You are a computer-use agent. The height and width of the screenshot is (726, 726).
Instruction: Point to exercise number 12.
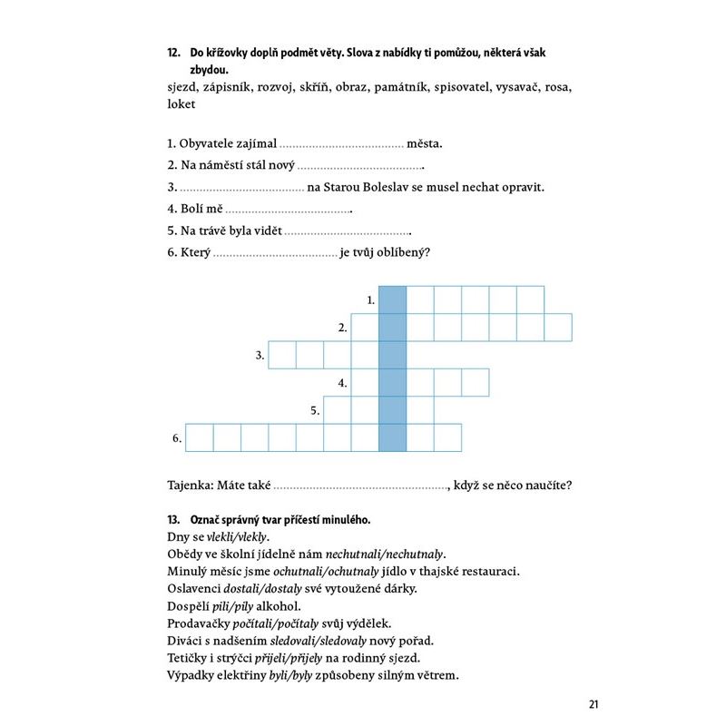click(174, 54)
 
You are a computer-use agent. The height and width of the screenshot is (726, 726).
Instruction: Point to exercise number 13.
click(174, 520)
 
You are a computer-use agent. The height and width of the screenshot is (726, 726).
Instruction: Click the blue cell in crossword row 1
click(392, 299)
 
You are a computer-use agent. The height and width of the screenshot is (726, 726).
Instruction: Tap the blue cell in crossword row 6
click(392, 437)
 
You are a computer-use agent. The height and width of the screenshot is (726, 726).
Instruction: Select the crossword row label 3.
click(260, 355)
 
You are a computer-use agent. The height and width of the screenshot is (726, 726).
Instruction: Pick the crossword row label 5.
click(315, 410)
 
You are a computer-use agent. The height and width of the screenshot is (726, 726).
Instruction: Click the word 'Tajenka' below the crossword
click(190, 485)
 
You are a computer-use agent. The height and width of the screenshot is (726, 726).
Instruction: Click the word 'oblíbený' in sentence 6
click(403, 252)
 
